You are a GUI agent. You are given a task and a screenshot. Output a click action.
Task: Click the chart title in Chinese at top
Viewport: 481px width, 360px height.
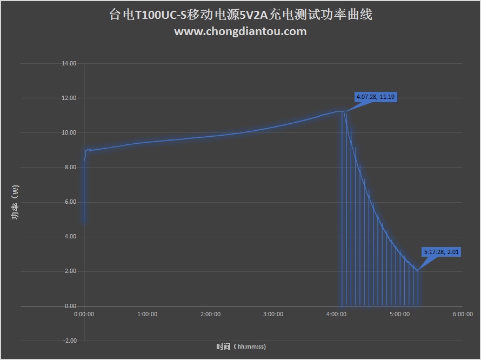tap(241, 15)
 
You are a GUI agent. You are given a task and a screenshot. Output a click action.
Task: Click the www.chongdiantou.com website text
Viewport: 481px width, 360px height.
tap(241, 31)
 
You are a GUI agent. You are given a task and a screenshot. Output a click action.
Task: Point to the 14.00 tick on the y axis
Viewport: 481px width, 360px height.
tap(70, 64)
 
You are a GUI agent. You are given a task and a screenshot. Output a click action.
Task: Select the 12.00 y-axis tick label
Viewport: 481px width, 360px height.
tap(70, 98)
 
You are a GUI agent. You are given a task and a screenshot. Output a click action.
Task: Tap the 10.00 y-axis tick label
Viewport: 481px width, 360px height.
tap(70, 133)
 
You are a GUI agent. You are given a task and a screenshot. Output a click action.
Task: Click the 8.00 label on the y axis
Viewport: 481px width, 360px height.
tap(71, 168)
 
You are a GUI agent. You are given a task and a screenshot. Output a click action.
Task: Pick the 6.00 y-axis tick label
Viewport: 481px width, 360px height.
tap(71, 202)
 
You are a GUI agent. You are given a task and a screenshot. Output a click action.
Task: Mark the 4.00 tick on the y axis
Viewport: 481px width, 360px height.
tap(71, 237)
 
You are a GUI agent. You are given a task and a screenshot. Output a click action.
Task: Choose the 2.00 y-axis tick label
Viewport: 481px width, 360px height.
tap(71, 271)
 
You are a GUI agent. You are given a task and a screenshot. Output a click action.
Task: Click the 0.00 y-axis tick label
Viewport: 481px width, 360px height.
tap(71, 306)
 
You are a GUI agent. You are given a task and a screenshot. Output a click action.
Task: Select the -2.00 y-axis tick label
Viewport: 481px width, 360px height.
tap(70, 341)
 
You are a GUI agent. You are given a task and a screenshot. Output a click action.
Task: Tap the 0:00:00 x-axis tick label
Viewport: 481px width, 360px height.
tap(84, 314)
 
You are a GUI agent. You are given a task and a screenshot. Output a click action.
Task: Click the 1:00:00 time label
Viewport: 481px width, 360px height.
tap(147, 314)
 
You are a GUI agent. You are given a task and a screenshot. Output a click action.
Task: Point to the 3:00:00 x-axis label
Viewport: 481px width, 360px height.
tap(273, 314)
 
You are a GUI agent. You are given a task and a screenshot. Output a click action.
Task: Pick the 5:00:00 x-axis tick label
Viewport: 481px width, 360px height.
tap(399, 314)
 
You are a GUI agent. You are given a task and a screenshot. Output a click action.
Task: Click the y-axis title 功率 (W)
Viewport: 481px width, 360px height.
tap(15, 202)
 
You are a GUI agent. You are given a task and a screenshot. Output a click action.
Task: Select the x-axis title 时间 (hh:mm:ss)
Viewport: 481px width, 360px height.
tap(241, 346)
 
